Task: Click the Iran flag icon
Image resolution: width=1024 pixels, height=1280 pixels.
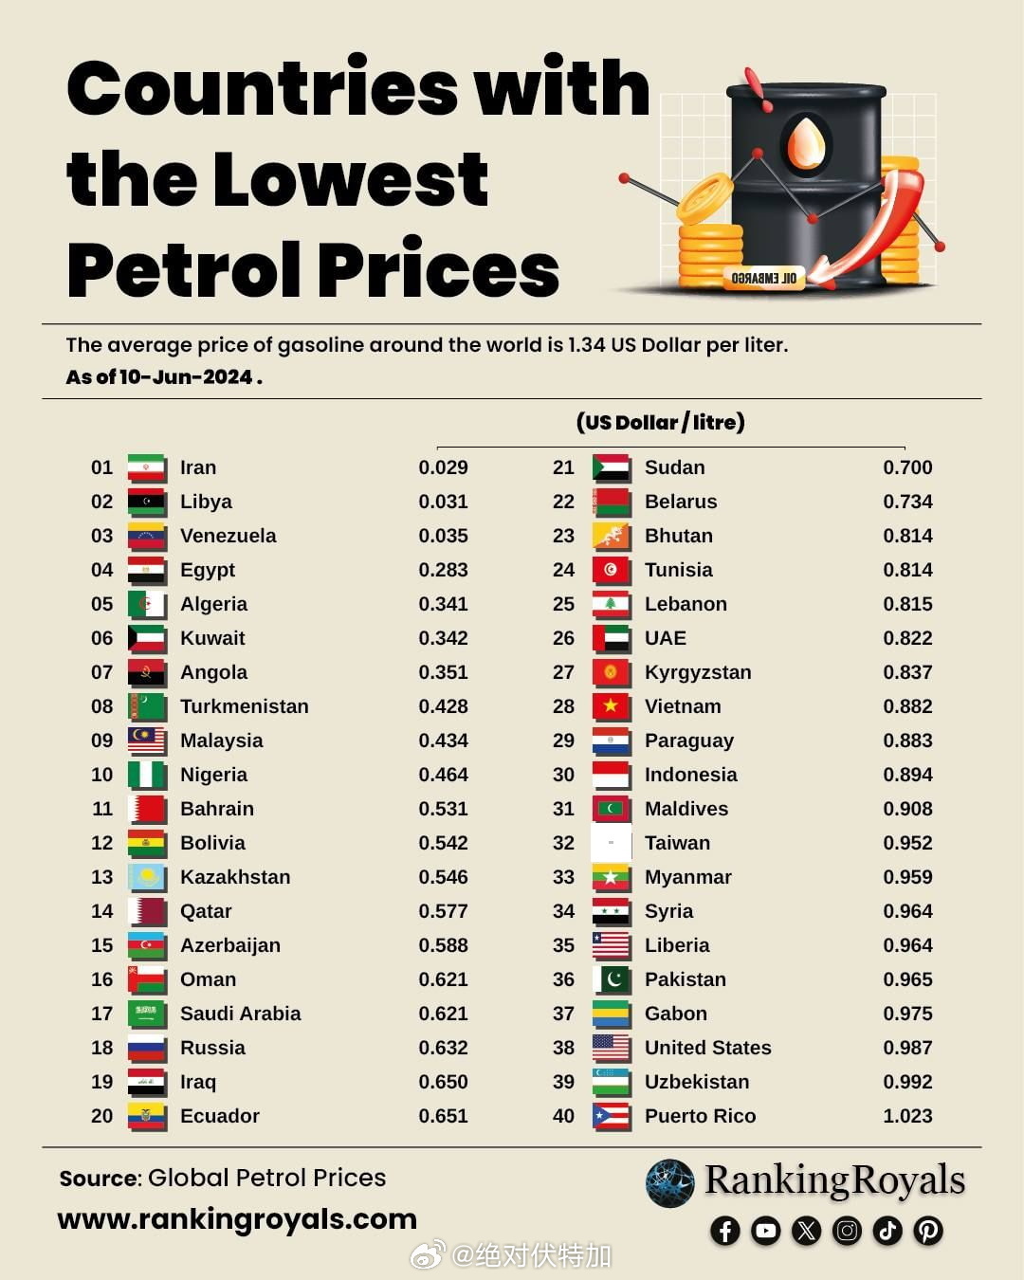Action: point(146,467)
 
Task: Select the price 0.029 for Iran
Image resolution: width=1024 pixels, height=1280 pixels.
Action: point(443,467)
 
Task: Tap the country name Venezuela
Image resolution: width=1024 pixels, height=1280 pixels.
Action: point(228,536)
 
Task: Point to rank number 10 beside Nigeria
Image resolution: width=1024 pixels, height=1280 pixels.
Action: point(101,775)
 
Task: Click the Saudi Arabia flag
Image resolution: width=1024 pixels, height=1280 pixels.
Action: point(146,1014)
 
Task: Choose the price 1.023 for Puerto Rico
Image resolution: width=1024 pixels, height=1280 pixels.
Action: point(907,1116)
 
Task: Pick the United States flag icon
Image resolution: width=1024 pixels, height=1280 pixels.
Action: point(611,1048)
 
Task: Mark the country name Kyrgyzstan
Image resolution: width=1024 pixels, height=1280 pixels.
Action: point(697,672)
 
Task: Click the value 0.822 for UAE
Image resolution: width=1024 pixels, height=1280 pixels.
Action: point(907,638)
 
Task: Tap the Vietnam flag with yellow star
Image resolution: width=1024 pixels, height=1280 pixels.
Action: point(611,706)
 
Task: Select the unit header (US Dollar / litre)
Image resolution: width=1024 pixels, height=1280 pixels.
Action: point(660,422)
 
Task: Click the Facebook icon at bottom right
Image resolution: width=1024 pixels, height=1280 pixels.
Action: point(725,1231)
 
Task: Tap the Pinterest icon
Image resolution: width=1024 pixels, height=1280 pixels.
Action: point(928,1231)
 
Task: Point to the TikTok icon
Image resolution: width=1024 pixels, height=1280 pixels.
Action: point(887,1231)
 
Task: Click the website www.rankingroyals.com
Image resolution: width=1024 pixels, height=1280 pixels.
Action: point(237,1218)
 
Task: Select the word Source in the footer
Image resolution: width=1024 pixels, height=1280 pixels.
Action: point(99,1179)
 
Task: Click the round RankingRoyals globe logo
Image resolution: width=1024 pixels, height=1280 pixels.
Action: point(669,1183)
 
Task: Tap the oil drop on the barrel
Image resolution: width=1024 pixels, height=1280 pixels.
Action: point(807,142)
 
